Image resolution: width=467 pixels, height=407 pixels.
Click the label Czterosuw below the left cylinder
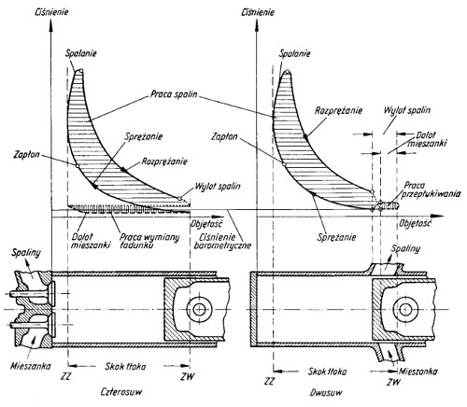(121, 391)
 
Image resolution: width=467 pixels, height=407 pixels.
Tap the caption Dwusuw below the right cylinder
(326, 392)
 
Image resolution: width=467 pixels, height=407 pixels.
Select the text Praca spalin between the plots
(174, 93)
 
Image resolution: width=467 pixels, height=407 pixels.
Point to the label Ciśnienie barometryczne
(222, 241)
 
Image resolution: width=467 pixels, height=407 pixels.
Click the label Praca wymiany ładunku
(149, 241)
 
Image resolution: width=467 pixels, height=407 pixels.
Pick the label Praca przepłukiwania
(431, 189)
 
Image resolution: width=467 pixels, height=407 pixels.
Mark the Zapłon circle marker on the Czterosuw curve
(78, 165)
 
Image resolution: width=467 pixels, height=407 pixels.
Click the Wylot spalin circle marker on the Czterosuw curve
(179, 198)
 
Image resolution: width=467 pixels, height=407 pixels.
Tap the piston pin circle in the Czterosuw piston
(198, 309)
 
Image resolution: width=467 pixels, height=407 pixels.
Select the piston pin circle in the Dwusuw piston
(405, 309)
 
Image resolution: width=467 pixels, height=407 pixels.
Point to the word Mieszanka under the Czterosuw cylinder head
(31, 366)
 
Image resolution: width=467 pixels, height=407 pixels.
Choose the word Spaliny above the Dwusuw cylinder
(405, 248)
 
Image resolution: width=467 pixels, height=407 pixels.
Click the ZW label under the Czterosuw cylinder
(188, 376)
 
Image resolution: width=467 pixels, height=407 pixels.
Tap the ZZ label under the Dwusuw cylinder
(270, 381)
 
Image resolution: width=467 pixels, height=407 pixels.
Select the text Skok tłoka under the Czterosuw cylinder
(125, 366)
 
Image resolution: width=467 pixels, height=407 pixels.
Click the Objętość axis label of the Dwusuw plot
(416, 224)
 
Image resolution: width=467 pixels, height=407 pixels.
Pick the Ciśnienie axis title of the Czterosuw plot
(51, 12)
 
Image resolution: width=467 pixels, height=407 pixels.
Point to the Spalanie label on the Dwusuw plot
(295, 53)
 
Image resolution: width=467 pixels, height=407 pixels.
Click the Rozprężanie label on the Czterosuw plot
(164, 161)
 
